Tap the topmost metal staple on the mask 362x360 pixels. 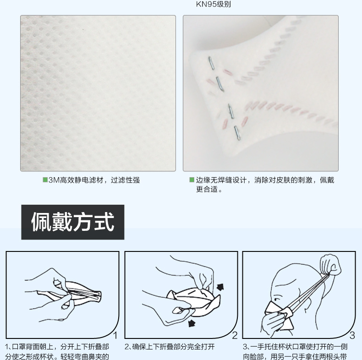coord(211,63)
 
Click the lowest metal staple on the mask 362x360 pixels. coord(237,132)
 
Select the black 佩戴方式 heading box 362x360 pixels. coord(73,222)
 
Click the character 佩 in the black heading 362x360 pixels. coord(41,222)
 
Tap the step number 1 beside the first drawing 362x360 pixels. coord(116,336)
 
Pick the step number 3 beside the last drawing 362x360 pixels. coord(352,336)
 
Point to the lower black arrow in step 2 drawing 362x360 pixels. coord(191,324)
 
